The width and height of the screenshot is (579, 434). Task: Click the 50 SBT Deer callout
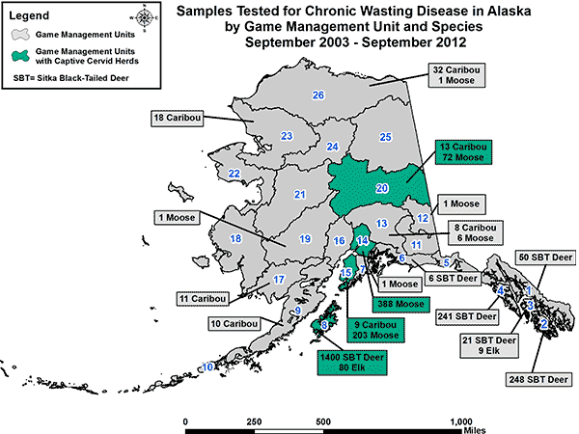pos(545,258)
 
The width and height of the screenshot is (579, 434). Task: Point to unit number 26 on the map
pos(318,95)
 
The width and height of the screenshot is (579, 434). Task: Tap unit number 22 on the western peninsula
pos(234,174)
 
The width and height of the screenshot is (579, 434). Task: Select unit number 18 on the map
pos(234,238)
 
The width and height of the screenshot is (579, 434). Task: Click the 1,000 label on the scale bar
pos(461,421)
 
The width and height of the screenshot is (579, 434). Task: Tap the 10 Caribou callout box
pos(234,323)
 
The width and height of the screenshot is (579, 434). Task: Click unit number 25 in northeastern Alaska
pos(385,137)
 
